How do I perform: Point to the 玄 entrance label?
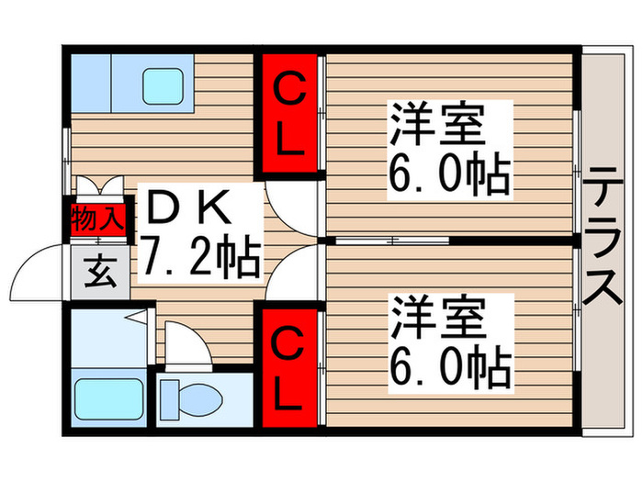pos(97,272)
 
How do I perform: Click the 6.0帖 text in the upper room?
pos(450,174)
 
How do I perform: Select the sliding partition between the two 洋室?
pos(390,241)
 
